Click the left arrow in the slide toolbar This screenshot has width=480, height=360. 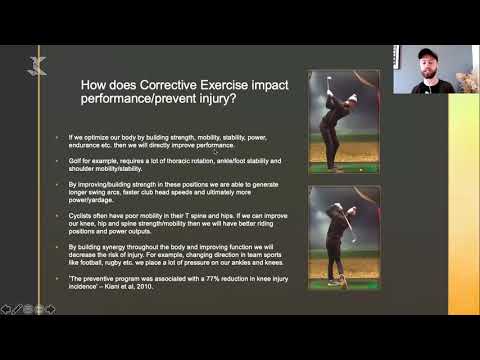tap(7, 309)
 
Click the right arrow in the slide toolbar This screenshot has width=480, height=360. tap(50, 309)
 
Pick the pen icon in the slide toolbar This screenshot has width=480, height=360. tap(18, 309)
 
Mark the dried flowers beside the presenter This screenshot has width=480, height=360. tap(466, 79)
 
